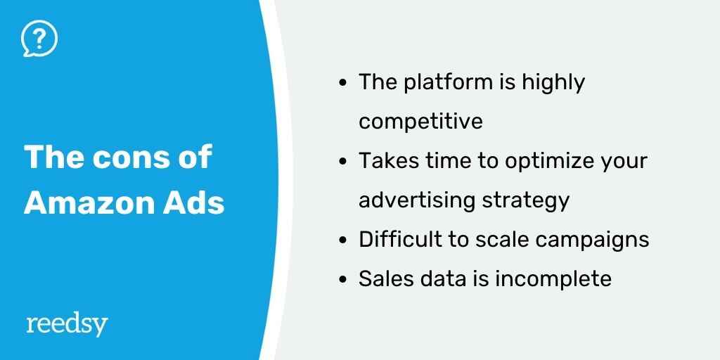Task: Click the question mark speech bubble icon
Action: point(39,39)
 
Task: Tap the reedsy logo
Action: point(67,326)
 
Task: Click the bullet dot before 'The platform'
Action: point(342,84)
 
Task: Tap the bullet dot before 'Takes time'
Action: point(342,162)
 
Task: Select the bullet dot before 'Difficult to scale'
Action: point(342,240)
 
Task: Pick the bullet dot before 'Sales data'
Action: point(342,280)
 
